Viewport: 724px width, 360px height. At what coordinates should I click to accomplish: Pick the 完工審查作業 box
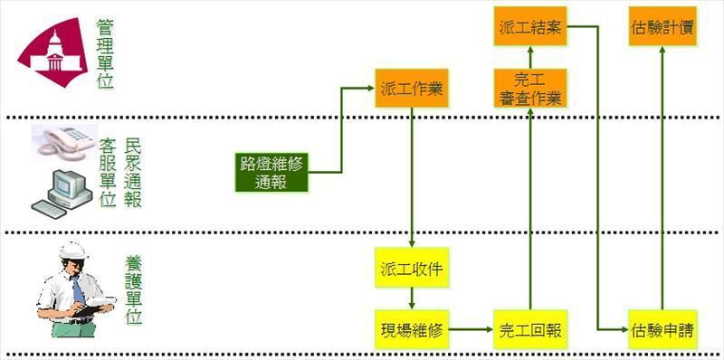530,89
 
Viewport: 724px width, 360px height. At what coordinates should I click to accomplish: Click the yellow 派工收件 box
412,269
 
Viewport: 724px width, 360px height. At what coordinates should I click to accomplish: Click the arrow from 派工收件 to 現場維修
412,298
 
